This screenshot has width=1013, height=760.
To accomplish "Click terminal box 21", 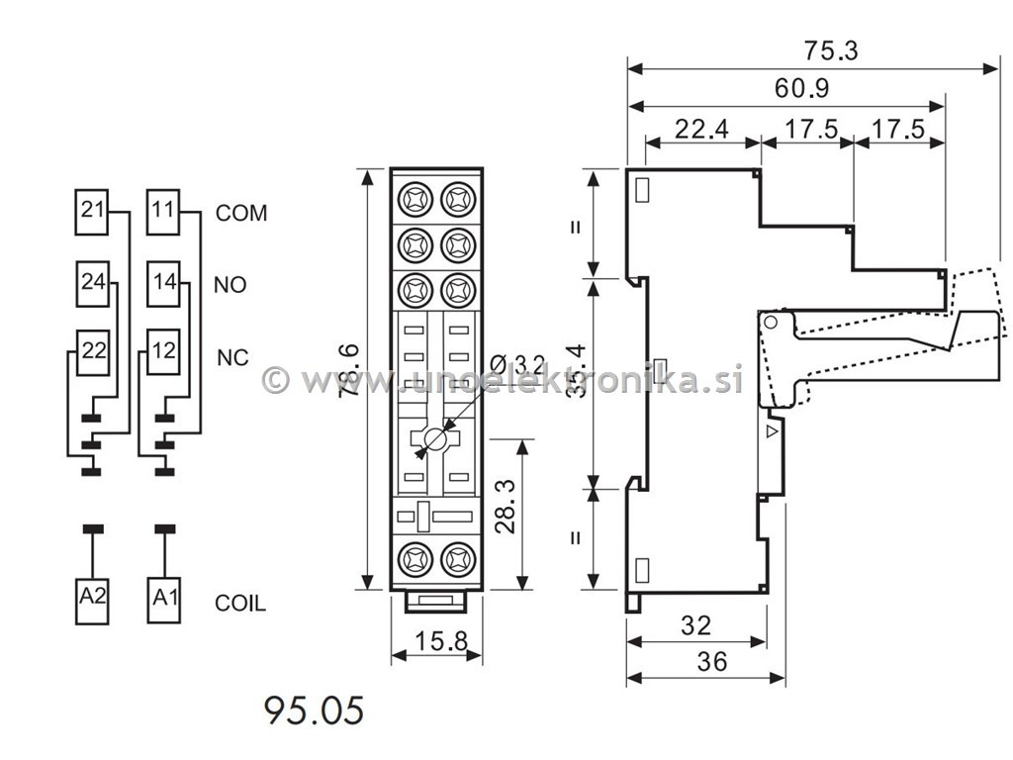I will (x=93, y=211).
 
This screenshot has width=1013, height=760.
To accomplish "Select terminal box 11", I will (x=163, y=211).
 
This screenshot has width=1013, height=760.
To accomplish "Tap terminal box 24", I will (x=93, y=282).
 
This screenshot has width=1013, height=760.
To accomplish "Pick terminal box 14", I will (x=163, y=282).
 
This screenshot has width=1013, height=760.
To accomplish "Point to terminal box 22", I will (x=93, y=349).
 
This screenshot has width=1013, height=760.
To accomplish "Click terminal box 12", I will (x=163, y=349).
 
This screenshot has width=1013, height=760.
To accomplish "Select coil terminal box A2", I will (x=93, y=599).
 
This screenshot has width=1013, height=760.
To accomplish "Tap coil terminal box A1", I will (x=163, y=599).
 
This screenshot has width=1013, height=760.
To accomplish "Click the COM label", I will (x=241, y=213).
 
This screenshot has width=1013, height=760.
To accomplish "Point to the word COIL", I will (x=240, y=603).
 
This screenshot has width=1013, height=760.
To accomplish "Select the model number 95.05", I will (x=314, y=710).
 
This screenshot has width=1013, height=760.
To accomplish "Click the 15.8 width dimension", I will (x=436, y=641).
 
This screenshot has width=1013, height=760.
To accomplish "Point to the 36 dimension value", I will (x=711, y=661).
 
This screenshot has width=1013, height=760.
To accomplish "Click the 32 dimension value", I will (x=696, y=625).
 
